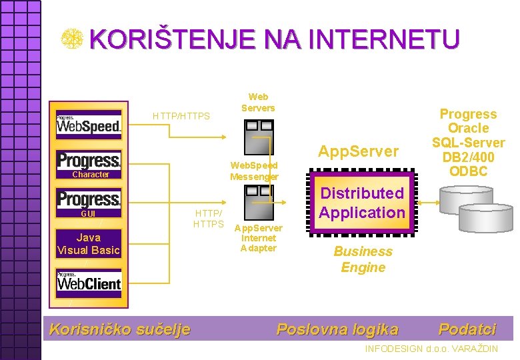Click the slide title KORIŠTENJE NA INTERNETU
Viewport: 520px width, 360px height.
coord(274,39)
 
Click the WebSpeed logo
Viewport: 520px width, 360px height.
coord(89,124)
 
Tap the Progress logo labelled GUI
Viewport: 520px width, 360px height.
coord(89,204)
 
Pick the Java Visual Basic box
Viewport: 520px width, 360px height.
coord(89,243)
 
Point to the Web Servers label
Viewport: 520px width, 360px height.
coord(258,102)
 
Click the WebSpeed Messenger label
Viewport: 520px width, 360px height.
coord(254,171)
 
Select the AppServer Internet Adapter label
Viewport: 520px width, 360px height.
coord(258,238)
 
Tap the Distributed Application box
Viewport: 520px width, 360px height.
coord(362,203)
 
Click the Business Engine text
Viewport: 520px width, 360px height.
coord(363,259)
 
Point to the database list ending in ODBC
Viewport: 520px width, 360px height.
coord(468,143)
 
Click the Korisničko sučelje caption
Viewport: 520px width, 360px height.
coord(120,329)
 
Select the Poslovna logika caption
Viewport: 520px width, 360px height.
coord(337,329)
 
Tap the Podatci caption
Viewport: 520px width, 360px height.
coord(467,329)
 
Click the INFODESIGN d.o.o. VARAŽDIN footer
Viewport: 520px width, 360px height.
coord(431,349)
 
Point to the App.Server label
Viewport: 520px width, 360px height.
coord(358,151)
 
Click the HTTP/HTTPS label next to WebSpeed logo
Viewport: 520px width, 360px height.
coord(181,116)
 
